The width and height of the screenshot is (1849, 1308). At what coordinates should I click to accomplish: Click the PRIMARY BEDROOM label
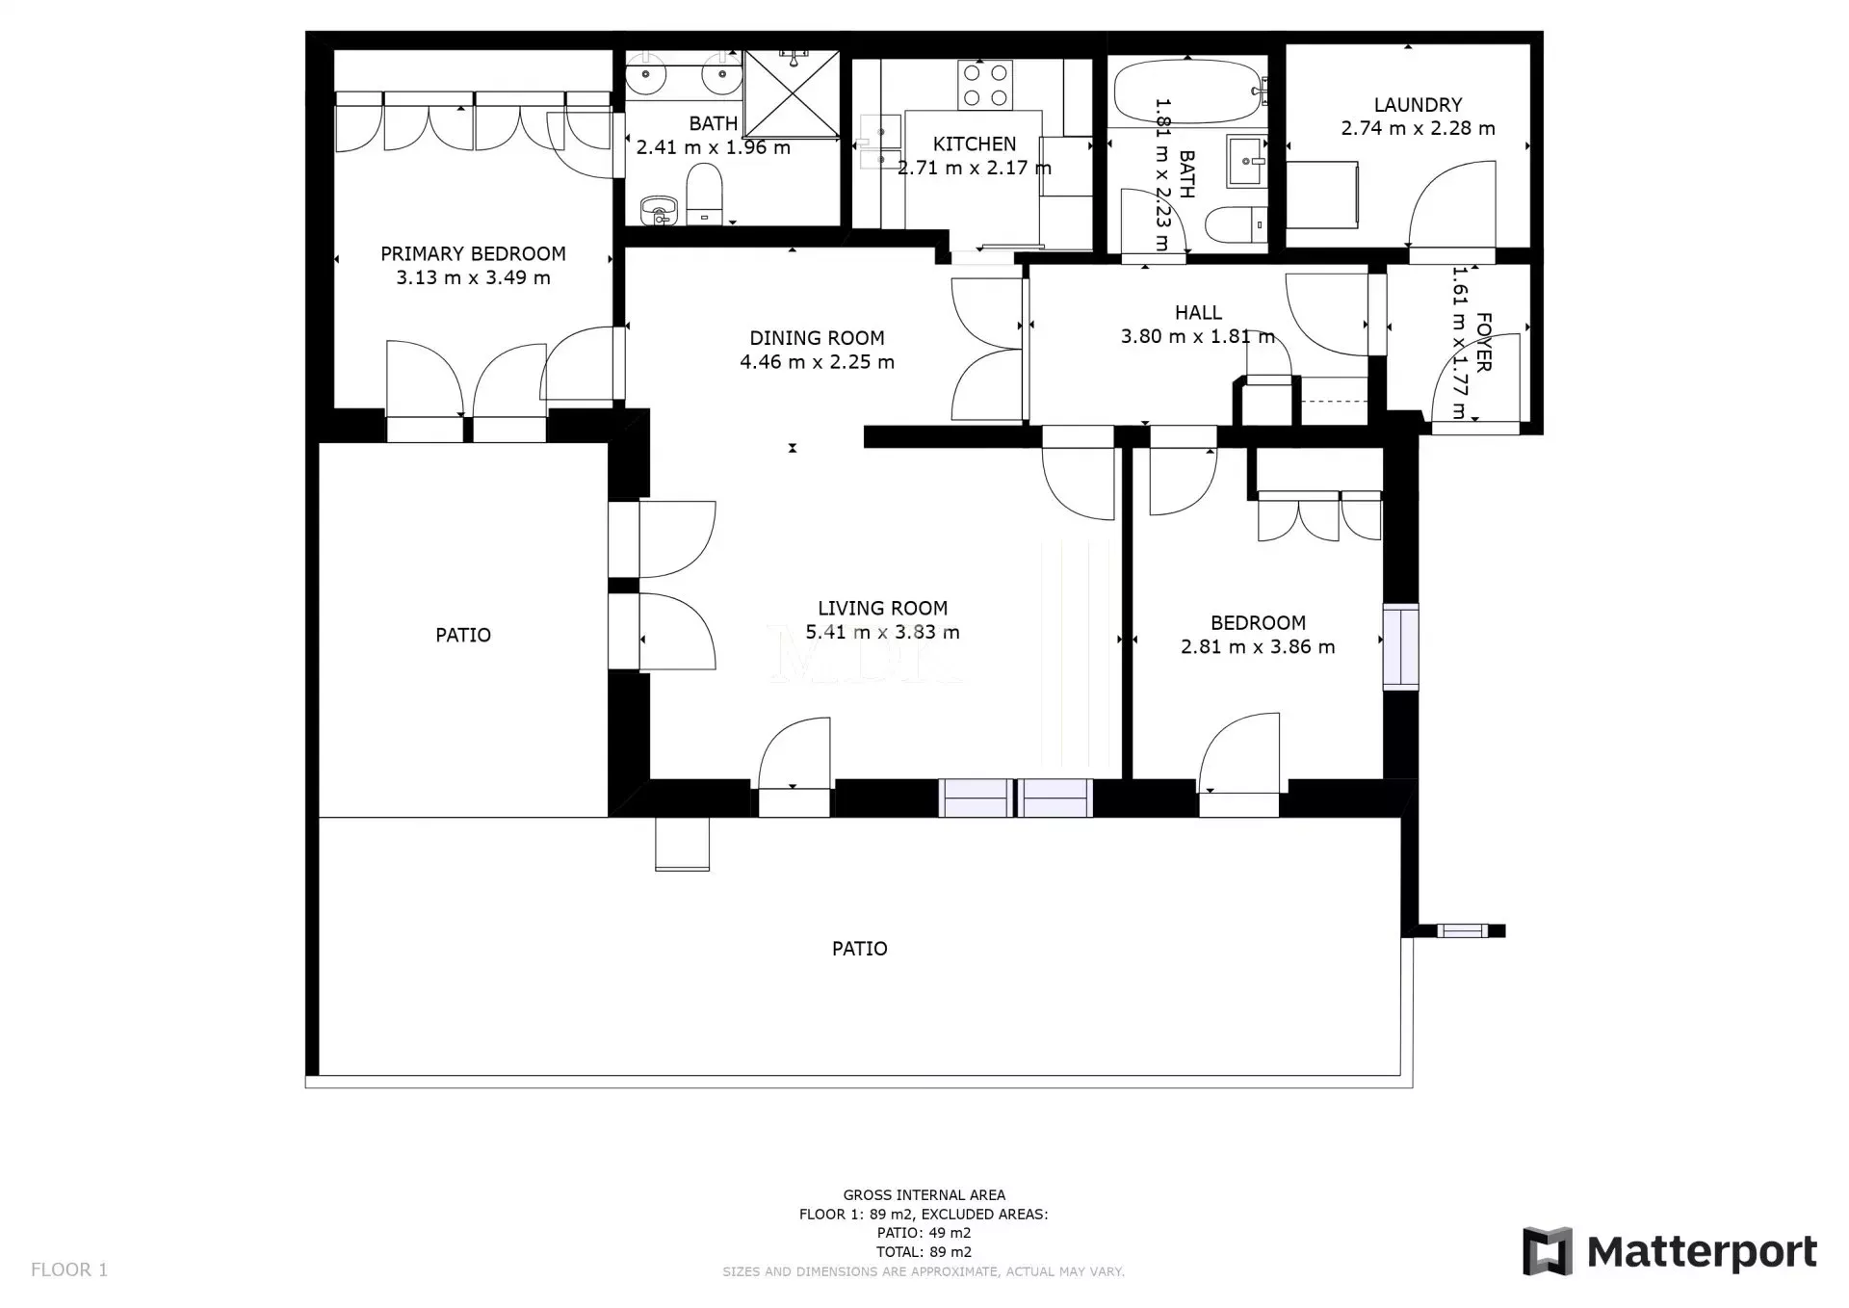click(473, 254)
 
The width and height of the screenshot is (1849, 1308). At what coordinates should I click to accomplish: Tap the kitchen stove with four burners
click(984, 85)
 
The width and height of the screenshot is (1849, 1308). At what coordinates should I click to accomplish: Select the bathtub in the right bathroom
click(1188, 91)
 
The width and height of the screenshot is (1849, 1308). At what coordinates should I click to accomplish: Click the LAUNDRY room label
click(1418, 105)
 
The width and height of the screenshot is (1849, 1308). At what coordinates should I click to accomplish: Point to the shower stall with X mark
click(793, 93)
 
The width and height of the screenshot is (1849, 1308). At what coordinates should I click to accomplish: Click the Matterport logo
click(1670, 1251)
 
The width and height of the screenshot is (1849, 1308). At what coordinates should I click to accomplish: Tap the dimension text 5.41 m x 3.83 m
click(882, 632)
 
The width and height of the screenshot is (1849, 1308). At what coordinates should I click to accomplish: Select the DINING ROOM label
click(817, 338)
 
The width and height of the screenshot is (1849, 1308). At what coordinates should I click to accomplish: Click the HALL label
click(1198, 313)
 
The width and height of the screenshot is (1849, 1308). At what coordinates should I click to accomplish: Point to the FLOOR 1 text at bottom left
click(69, 1269)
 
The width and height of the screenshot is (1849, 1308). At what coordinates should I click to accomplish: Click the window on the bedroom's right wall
click(1401, 646)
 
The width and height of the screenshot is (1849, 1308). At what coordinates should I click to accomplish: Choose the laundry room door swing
click(1452, 204)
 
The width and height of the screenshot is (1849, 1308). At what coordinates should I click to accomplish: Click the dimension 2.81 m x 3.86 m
click(1258, 647)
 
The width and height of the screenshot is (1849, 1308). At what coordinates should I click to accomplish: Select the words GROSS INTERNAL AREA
click(924, 1195)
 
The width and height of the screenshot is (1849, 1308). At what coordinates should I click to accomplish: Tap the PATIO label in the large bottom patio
click(859, 949)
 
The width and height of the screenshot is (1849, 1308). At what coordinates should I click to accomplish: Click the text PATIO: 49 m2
click(924, 1233)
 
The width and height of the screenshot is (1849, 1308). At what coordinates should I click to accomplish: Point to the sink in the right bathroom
click(1247, 161)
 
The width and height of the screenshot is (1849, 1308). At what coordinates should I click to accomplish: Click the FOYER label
click(1483, 342)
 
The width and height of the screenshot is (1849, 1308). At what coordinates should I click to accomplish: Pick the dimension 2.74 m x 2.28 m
click(1418, 128)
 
